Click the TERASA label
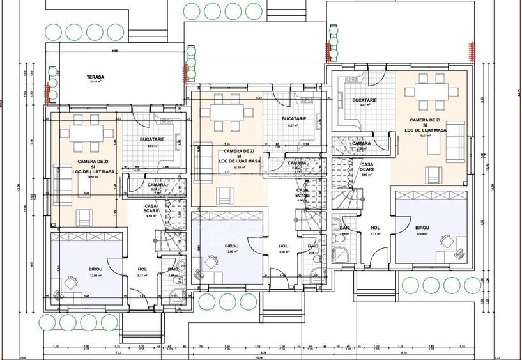click(96, 77)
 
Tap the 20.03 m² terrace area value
click(96, 82)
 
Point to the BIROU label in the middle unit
click(231, 246)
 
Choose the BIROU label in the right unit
click(422, 228)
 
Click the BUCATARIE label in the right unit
click(364, 100)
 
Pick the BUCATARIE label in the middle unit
click(295, 119)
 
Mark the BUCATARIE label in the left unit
click(153, 139)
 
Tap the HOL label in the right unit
click(376, 228)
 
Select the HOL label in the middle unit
click(284, 246)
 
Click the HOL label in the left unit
click(142, 270)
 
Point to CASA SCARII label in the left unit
click(151, 208)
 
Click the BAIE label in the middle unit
click(312, 246)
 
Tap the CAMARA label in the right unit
click(362, 143)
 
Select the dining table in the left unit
click(86, 133)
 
